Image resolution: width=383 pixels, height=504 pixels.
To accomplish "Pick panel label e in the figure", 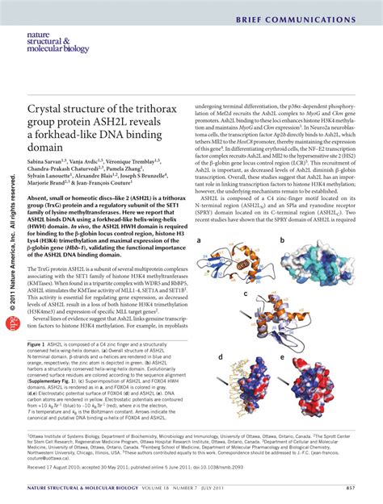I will click(x=282, y=356).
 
